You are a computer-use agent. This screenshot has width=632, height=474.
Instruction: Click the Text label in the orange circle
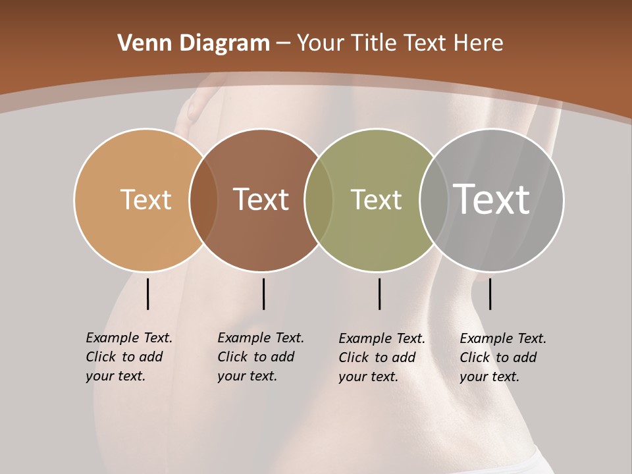[145, 199]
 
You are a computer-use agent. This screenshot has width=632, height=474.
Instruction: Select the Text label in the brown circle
[261, 199]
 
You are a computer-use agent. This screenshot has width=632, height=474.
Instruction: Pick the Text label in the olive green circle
[376, 199]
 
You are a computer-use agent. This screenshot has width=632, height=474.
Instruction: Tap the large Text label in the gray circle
[492, 199]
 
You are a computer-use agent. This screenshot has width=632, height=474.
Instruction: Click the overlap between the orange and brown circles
[203, 199]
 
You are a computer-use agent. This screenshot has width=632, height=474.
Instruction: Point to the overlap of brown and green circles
[319, 199]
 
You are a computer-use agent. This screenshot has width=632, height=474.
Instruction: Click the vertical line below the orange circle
[147, 294]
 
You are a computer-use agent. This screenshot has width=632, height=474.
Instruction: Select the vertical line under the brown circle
[263, 294]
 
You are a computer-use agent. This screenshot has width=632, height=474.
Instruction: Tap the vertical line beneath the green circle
[379, 294]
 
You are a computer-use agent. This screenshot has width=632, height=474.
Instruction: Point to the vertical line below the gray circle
[490, 294]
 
